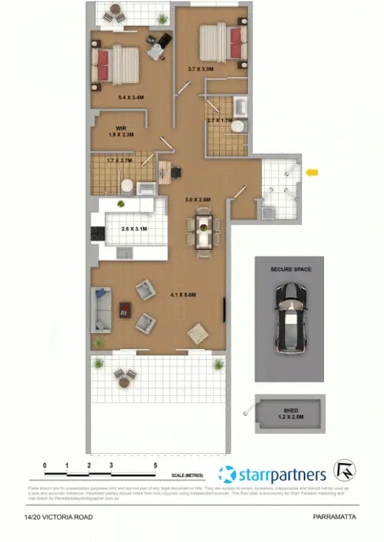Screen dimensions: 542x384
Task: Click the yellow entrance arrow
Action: click(x=313, y=172)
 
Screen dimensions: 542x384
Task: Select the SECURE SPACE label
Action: click(x=291, y=269)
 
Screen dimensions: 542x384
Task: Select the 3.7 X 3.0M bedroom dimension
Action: click(x=201, y=69)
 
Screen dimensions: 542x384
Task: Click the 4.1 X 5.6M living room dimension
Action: click(x=184, y=294)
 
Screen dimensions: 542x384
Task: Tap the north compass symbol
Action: click(x=344, y=470)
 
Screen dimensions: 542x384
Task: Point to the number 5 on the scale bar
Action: click(x=155, y=465)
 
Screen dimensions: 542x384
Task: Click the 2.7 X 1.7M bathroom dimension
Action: click(x=219, y=120)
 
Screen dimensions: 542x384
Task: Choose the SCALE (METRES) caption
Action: click(x=187, y=476)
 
